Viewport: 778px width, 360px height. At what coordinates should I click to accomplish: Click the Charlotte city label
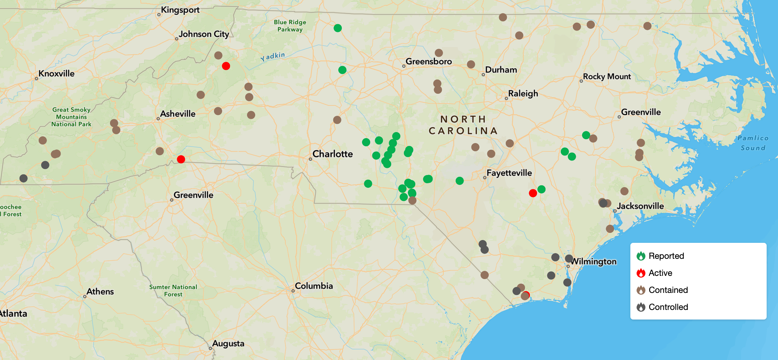point(332,154)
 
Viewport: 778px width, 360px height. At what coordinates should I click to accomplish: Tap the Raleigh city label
point(523,93)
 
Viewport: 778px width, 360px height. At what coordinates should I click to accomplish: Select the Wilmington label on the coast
point(593,261)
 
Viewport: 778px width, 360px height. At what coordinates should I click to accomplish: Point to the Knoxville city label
point(56,73)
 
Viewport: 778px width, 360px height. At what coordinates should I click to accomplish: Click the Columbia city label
point(314,286)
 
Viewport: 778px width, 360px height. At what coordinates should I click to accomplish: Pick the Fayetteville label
point(509,173)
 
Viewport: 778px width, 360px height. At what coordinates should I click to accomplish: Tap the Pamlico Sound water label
point(753,143)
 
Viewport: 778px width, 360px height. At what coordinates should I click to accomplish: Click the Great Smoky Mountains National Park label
point(71,117)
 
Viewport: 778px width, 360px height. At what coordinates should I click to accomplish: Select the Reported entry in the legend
point(666,256)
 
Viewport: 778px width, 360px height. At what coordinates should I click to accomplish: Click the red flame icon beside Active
point(641,273)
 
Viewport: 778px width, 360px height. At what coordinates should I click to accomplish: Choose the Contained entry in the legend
point(668,290)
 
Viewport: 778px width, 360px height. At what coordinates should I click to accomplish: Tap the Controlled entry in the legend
point(668,307)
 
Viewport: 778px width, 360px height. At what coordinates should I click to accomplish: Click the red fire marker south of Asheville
point(181,159)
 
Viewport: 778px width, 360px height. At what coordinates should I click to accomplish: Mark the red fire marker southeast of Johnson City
point(226,66)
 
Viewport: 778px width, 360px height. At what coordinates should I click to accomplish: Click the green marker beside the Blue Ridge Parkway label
point(338,28)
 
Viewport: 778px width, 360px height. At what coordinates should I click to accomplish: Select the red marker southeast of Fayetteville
point(533,193)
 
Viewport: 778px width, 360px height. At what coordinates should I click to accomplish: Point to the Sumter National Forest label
point(173,290)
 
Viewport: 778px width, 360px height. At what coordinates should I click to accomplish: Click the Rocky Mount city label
point(607,76)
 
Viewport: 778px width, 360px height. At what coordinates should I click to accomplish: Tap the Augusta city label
point(228,343)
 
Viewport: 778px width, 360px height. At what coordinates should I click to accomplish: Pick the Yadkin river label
point(273,56)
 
